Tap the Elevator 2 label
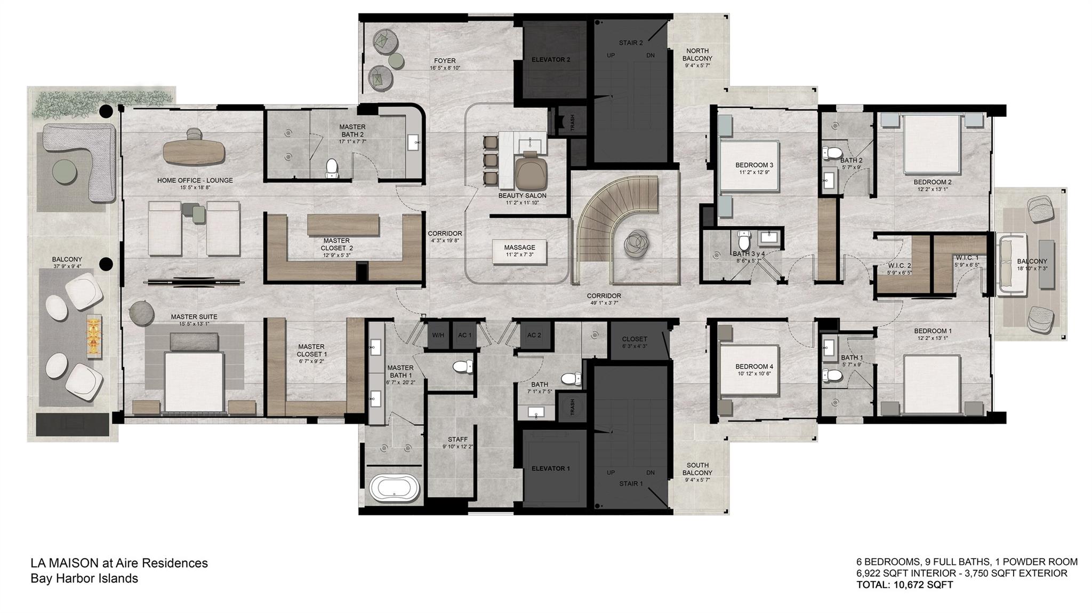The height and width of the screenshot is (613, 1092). click(550, 60)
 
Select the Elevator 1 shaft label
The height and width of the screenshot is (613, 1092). click(550, 468)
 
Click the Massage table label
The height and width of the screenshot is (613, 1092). click(519, 248)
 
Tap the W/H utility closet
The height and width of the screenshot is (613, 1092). click(438, 336)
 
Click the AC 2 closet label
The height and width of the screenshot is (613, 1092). click(534, 336)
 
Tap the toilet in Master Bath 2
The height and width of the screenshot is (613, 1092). click(332, 168)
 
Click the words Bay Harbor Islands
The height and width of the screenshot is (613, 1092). click(84, 578)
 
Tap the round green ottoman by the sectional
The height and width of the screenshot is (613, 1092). click(66, 172)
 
